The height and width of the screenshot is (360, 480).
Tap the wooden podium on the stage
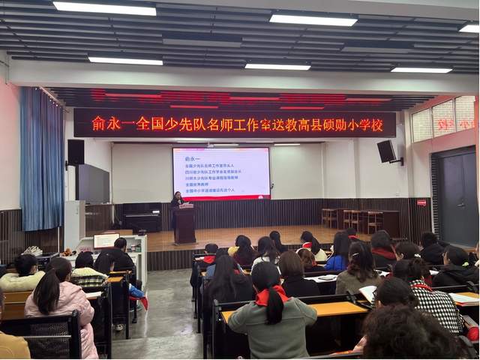(184, 224)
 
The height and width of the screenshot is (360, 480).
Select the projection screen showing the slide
(221, 172)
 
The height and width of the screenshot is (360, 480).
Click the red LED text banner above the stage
(234, 123)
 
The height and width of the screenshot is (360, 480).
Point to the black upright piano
(142, 217)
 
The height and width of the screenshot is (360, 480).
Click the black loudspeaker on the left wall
(76, 152)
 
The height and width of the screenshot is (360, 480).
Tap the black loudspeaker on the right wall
(386, 151)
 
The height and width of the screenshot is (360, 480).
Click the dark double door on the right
(458, 196)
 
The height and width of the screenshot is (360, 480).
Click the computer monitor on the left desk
(106, 241)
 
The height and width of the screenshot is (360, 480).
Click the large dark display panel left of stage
(93, 184)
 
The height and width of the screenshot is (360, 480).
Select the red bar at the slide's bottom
(221, 196)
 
